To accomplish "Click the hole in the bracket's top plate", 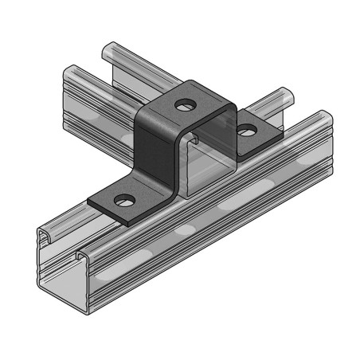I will pos(185,104).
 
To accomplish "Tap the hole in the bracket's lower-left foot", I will pos(124,199).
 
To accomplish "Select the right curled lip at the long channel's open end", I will pos(82,256).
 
